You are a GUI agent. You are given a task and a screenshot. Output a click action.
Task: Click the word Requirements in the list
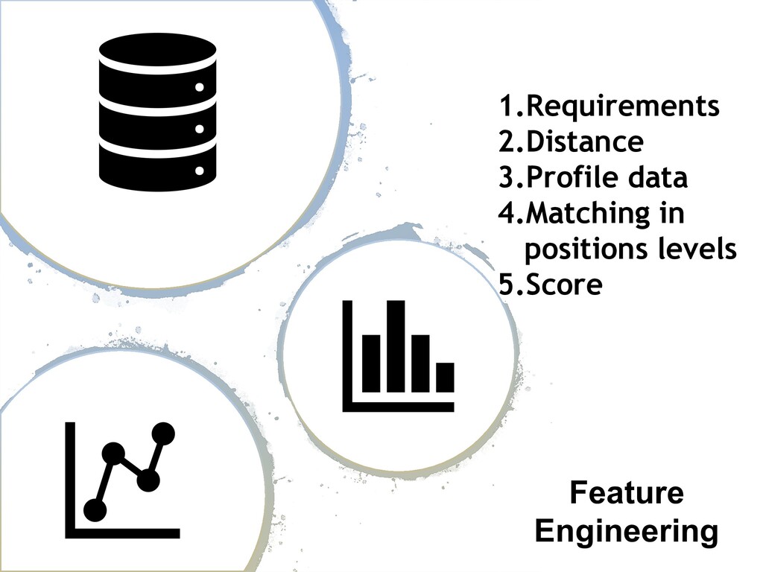[623, 107]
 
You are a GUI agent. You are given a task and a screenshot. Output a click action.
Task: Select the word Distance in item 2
[584, 142]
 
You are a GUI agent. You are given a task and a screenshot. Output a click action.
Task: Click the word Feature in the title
[626, 493]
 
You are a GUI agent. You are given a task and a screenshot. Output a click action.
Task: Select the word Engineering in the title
[626, 532]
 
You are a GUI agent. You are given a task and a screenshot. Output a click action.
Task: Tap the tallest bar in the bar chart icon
[396, 346]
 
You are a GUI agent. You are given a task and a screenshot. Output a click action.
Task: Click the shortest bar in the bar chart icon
[445, 377]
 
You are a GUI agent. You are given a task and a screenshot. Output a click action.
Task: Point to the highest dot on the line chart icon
[162, 433]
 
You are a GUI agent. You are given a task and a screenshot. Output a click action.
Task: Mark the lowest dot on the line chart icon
[95, 510]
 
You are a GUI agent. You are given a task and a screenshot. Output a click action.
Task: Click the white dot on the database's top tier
[200, 88]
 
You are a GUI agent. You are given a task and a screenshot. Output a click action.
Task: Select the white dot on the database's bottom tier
[200, 171]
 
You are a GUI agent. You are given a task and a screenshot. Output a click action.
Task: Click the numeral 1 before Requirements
[506, 107]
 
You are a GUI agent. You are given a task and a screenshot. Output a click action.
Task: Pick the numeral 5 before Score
[507, 285]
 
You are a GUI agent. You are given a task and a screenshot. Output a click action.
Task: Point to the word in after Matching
[673, 214]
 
